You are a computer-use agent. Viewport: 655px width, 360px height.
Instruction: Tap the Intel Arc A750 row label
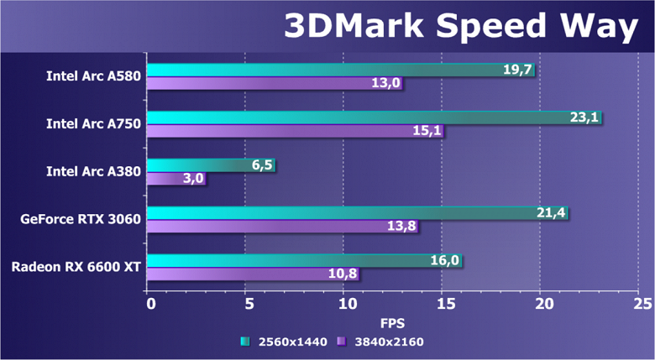click(93, 124)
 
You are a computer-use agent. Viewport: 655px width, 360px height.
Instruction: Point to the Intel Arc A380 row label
click(93, 172)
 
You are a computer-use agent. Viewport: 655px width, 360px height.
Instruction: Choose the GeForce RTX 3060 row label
click(81, 220)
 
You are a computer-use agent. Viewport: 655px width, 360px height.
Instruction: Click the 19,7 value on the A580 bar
click(518, 70)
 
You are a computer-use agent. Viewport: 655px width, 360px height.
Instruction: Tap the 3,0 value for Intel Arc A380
click(192, 179)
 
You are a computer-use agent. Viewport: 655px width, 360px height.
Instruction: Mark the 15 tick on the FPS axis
click(446, 303)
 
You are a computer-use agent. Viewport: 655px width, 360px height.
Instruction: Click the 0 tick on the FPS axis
click(150, 303)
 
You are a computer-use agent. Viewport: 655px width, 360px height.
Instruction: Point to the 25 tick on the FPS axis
click(642, 303)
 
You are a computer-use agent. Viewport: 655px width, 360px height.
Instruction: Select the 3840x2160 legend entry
click(380, 342)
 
